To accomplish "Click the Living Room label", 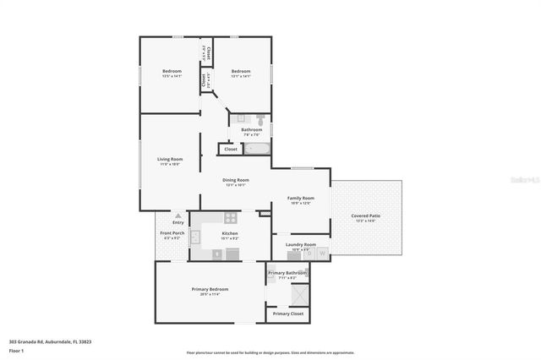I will coord(170,159).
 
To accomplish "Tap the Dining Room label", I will coord(236,180).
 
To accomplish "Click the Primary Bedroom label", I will coord(210,289).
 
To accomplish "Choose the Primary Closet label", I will coord(287,314).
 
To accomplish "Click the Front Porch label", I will coord(172,233).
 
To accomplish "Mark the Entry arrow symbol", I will coord(178,216).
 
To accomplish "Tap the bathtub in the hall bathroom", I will coord(256,149).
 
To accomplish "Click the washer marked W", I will coord(322,252).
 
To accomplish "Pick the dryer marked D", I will coord(309,252).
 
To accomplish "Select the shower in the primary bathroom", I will coord(298,294).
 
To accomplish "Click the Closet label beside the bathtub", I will coord(229,149).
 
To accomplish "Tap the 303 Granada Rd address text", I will coord(50,341).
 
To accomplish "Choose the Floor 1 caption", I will coord(16,350).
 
